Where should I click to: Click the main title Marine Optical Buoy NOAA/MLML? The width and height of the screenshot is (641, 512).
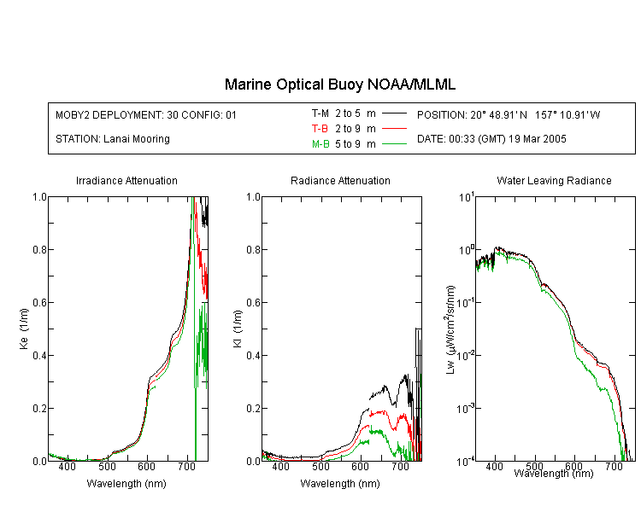click(339, 84)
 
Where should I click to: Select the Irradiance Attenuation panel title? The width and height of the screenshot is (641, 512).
click(126, 180)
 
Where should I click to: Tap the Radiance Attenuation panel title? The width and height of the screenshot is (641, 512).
click(340, 180)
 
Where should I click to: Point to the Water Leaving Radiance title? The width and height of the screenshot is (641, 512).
click(554, 180)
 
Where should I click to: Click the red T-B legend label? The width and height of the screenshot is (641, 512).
click(320, 129)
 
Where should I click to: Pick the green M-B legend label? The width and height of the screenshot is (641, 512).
click(320, 144)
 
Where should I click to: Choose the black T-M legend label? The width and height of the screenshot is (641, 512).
click(320, 113)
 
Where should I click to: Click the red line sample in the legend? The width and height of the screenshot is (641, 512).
click(394, 129)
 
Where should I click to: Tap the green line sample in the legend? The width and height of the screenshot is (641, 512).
click(394, 144)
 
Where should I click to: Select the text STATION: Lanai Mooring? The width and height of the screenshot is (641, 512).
click(113, 139)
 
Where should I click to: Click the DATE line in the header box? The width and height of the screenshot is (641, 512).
click(491, 139)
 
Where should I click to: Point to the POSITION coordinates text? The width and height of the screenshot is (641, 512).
click(509, 114)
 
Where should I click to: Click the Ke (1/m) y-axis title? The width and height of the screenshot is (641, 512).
click(24, 329)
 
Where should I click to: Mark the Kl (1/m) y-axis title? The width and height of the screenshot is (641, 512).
click(238, 329)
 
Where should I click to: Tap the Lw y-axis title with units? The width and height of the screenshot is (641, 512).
click(450, 330)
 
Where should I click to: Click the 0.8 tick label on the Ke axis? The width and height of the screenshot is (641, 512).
click(39, 249)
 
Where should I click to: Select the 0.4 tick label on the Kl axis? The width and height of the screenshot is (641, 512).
click(253, 356)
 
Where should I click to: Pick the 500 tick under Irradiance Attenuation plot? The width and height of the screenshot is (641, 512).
click(107, 466)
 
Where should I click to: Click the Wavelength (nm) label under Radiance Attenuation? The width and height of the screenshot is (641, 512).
click(340, 484)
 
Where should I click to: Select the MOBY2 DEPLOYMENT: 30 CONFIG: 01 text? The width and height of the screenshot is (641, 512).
click(146, 114)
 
